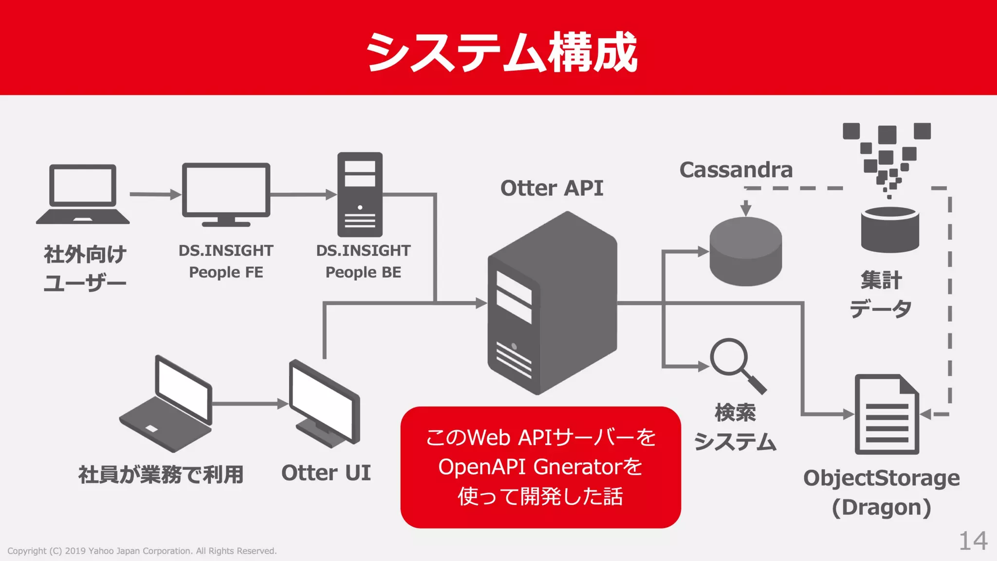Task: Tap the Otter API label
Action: (x=552, y=188)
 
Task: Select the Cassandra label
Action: (x=736, y=170)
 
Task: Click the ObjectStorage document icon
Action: (x=886, y=414)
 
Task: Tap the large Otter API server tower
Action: (x=552, y=303)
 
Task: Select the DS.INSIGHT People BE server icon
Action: (x=360, y=194)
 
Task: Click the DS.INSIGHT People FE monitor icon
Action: (x=226, y=194)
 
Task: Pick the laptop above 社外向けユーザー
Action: (x=83, y=194)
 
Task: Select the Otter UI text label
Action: (x=326, y=473)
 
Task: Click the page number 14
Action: (x=973, y=541)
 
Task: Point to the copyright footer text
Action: (x=142, y=551)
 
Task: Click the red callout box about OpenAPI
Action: (x=540, y=467)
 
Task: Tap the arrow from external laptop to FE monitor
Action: (x=155, y=194)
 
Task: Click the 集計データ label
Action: (x=881, y=294)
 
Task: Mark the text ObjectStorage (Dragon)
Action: (x=881, y=492)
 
